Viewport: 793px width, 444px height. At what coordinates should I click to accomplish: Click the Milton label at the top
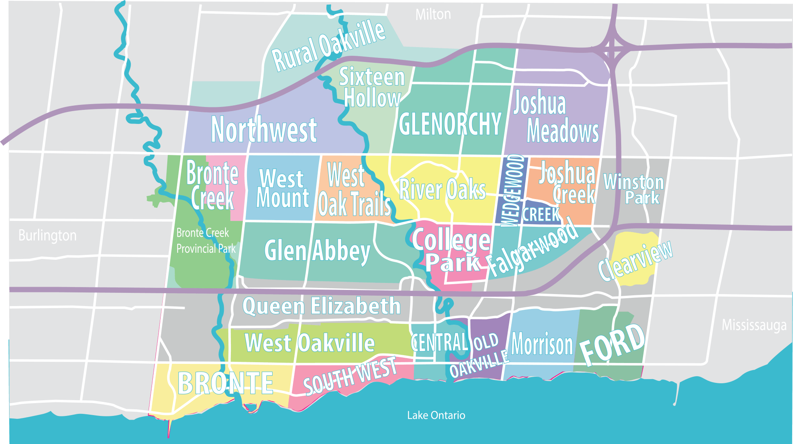pyautogui.click(x=433, y=15)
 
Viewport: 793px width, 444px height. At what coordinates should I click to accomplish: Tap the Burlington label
pyautogui.click(x=47, y=235)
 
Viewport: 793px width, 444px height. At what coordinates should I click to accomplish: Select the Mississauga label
pyautogui.click(x=754, y=325)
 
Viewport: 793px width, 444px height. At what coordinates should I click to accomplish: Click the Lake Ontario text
pyautogui.click(x=436, y=415)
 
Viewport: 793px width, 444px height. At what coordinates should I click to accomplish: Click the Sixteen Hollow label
pyautogui.click(x=372, y=88)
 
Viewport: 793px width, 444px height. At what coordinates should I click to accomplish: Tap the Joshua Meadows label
pyautogui.click(x=553, y=118)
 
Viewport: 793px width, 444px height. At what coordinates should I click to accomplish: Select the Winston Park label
pyautogui.click(x=634, y=189)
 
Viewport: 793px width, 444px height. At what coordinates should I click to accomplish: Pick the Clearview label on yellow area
pyautogui.click(x=635, y=261)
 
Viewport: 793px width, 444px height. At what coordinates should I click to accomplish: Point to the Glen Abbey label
pyautogui.click(x=317, y=251)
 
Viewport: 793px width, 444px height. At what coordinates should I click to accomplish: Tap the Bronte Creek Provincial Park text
pyautogui.click(x=205, y=241)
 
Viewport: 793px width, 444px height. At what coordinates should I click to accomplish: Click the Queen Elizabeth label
pyautogui.click(x=321, y=306)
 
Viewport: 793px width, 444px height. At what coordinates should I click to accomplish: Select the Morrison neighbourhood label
pyautogui.click(x=542, y=344)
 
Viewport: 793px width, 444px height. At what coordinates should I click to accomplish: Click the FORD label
pyautogui.click(x=612, y=345)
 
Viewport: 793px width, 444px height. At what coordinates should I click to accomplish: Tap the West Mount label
pyautogui.click(x=283, y=188)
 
